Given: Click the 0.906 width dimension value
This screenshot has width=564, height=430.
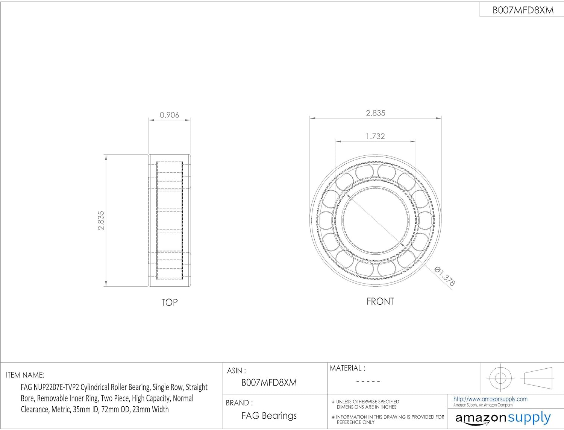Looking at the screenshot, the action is click(169, 115).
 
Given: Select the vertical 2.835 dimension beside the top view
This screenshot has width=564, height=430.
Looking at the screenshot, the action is click(101, 220).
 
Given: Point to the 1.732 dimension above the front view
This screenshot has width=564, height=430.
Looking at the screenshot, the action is click(375, 136).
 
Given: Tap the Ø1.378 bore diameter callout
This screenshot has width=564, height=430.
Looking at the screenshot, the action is click(444, 276).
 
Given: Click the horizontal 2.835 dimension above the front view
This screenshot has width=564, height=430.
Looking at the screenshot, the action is click(376, 113).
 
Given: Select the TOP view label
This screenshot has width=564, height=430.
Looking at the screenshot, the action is click(169, 302).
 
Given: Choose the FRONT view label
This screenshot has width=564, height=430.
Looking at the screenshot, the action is click(380, 301).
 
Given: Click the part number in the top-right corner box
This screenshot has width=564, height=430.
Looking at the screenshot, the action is click(523, 10).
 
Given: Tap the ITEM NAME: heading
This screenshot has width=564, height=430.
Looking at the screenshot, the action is click(25, 375).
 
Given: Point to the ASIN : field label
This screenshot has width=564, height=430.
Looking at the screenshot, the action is click(237, 370).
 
